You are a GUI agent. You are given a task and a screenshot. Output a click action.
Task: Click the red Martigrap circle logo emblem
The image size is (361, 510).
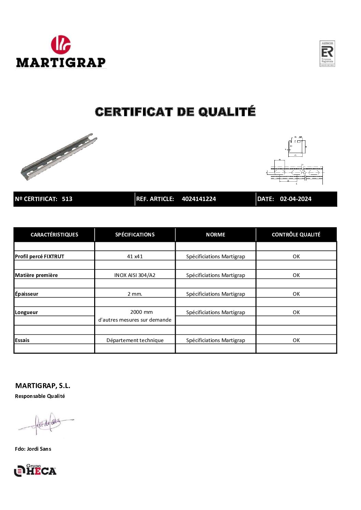click(x=61, y=45)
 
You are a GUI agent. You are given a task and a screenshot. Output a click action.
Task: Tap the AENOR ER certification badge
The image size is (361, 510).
click(x=327, y=53)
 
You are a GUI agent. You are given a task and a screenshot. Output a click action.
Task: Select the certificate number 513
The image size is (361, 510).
click(x=67, y=199)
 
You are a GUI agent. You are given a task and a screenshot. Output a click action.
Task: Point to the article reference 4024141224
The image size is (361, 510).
click(x=199, y=199)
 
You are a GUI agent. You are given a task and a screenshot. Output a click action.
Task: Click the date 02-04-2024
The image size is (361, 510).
click(x=295, y=199)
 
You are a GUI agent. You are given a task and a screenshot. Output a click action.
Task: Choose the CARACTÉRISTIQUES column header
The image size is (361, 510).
click(x=54, y=235)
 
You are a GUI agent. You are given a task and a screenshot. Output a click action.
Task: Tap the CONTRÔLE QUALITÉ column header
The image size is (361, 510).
click(x=296, y=235)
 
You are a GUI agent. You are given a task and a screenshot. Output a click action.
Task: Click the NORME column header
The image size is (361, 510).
click(x=215, y=235)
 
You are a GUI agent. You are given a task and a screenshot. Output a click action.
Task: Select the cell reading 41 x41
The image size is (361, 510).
click(x=135, y=257)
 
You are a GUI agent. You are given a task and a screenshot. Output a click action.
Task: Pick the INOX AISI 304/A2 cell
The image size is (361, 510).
click(x=135, y=275)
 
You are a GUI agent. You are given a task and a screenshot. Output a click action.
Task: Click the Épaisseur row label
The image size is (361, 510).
click(x=27, y=294)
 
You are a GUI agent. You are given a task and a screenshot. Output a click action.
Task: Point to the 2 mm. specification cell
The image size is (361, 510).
click(x=135, y=294)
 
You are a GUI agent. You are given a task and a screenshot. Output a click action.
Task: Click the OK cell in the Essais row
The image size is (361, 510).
click(x=296, y=340)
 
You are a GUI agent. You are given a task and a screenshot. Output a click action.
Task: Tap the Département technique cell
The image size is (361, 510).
click(x=135, y=340)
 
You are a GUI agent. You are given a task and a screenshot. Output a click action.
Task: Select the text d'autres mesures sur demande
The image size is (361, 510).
click(x=135, y=320)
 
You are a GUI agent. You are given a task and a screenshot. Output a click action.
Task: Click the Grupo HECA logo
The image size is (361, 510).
click(x=35, y=470)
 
